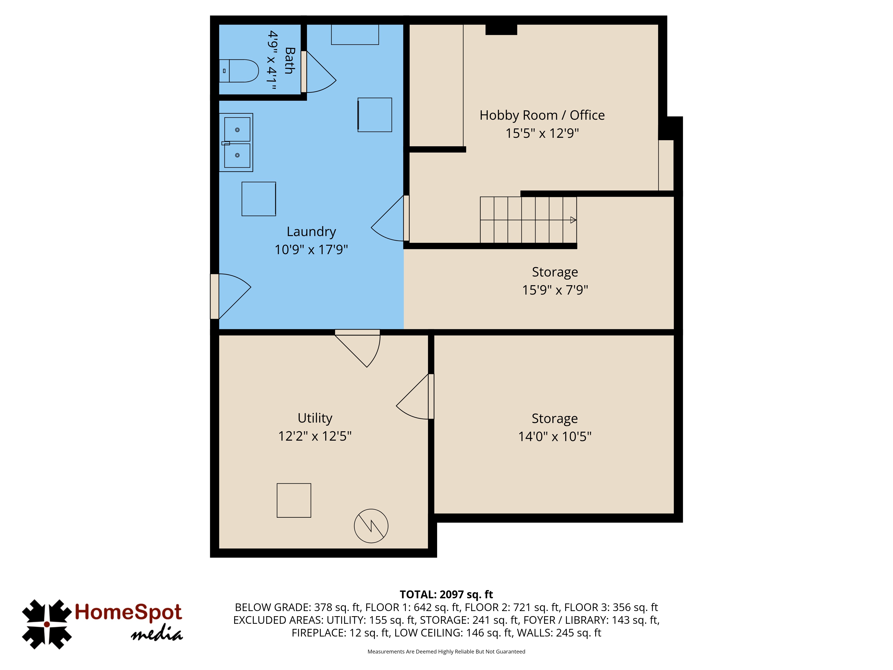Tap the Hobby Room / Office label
[x=542, y=115]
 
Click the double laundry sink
[x=236, y=142]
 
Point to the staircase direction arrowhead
[x=573, y=220]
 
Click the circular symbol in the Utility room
[x=371, y=526]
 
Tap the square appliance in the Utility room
[x=294, y=500]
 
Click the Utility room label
[x=315, y=418]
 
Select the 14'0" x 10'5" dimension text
[x=555, y=437]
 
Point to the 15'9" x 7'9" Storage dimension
[x=555, y=290]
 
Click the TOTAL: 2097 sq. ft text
[x=446, y=595]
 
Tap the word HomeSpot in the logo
[x=128, y=612]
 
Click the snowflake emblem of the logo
[x=47, y=624]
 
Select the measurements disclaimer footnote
[x=446, y=651]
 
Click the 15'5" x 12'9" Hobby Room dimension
[x=542, y=133]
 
